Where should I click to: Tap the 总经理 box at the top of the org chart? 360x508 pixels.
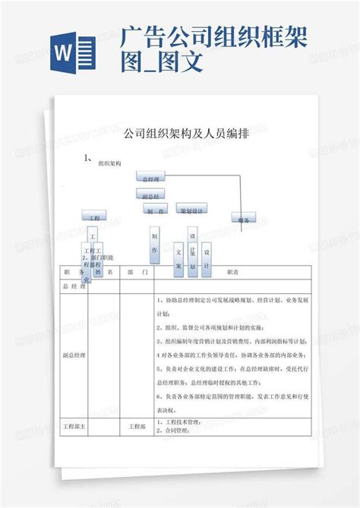152,178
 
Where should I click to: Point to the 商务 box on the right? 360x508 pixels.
243,219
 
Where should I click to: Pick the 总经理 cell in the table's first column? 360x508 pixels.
74,288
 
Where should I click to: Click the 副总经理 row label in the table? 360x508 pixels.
74,355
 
